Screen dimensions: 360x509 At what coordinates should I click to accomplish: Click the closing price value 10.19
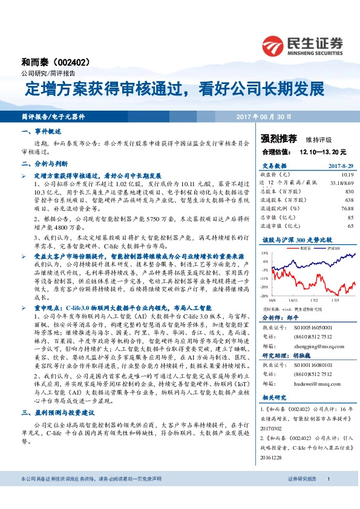pyautogui.click(x=346, y=173)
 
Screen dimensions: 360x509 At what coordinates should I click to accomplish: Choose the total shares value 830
pyautogui.click(x=349, y=190)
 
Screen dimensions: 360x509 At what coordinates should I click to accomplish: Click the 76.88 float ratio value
pyautogui.click(x=345, y=209)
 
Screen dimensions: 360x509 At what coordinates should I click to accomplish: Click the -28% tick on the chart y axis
pyautogui.click(x=265, y=296)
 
